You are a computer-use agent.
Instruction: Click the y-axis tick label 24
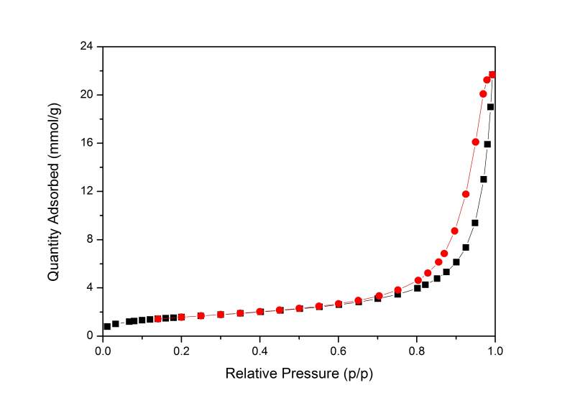[x=88, y=47]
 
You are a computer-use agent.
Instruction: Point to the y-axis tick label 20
[x=88, y=95]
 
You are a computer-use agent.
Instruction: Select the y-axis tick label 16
[x=88, y=143]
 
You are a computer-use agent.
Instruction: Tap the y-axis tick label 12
[x=88, y=191]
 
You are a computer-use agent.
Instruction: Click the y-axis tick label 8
[x=91, y=239]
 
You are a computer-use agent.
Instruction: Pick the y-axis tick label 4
[x=91, y=287]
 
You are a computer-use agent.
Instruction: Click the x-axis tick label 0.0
[x=103, y=351]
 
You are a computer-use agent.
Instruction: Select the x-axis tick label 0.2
[x=181, y=351]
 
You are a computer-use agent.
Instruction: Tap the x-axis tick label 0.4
[x=259, y=351]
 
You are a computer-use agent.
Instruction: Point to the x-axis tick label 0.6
[x=338, y=351]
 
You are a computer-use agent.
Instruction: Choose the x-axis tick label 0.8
[x=416, y=351]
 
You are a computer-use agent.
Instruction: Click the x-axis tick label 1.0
[x=494, y=351]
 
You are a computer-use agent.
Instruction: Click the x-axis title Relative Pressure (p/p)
[x=299, y=374]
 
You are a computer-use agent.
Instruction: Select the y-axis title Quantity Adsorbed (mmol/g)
[x=54, y=191]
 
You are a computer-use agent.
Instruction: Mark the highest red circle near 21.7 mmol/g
[x=492, y=75]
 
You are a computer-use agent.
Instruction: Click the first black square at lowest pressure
[x=107, y=326]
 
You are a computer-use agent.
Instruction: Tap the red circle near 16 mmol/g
[x=475, y=142]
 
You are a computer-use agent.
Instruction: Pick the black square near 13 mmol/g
[x=484, y=179]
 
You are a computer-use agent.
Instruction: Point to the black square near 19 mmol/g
[x=491, y=107]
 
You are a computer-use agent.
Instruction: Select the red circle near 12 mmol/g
[x=466, y=194]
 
